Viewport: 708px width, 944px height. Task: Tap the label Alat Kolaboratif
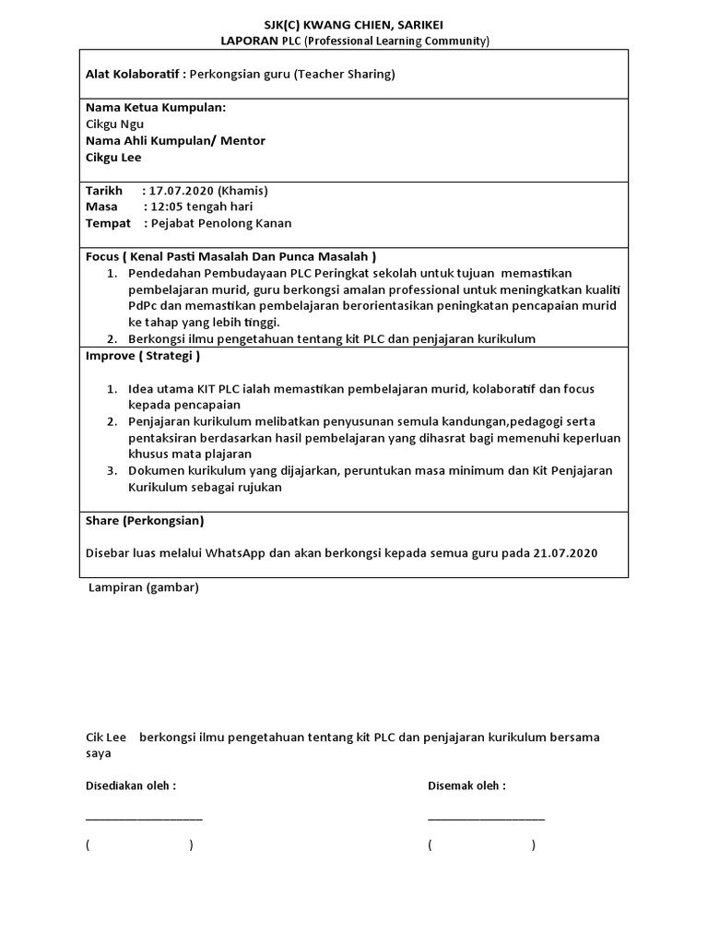tap(135, 75)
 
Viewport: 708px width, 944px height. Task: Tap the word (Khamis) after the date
tap(242, 191)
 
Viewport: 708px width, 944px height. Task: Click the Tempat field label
tap(108, 224)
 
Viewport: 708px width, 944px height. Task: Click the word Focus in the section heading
tap(102, 256)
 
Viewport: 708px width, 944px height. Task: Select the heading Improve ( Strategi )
tap(142, 356)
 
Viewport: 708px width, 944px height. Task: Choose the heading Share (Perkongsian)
tap(144, 521)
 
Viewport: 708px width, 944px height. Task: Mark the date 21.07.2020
tap(565, 554)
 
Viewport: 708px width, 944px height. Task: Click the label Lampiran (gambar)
tap(143, 588)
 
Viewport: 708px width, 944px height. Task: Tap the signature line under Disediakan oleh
tap(144, 817)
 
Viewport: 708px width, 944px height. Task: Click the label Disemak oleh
tap(466, 786)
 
